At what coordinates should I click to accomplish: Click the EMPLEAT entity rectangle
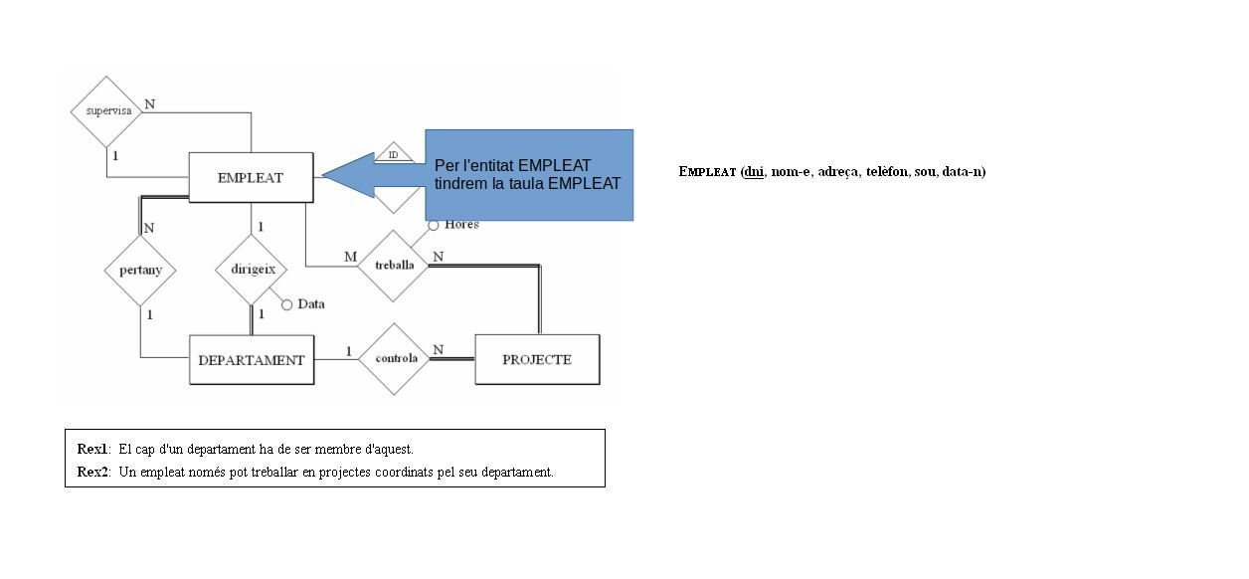[251, 177]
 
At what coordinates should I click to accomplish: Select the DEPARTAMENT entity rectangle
[252, 360]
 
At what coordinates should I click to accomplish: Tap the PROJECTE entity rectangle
[537, 359]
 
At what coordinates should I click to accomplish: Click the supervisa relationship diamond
[108, 110]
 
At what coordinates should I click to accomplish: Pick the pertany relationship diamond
[140, 270]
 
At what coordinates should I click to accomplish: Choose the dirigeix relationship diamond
[251, 269]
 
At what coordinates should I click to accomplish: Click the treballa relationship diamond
[394, 266]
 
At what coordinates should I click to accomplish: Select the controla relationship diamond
[395, 358]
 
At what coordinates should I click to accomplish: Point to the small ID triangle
[394, 153]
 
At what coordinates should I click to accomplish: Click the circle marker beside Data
[287, 304]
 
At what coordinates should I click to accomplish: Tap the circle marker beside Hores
[434, 225]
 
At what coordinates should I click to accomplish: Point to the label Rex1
[92, 449]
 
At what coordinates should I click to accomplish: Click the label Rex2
[92, 472]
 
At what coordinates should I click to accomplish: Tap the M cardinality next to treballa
[350, 257]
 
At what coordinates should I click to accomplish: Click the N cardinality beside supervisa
[150, 103]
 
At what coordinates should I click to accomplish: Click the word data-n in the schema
[962, 171]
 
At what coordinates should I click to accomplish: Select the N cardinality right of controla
[438, 349]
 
